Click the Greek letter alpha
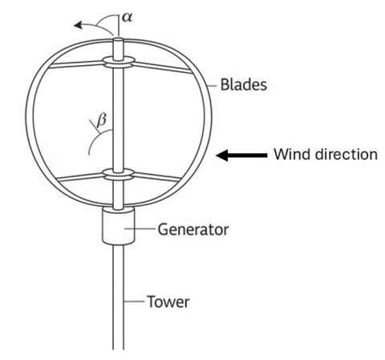point(127,18)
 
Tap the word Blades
point(244,85)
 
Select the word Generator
point(193,229)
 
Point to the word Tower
point(168,301)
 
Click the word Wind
point(292,154)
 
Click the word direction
point(346,154)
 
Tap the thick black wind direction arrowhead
point(222,156)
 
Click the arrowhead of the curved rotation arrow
point(78,25)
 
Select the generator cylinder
point(118,226)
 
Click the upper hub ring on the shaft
point(118,62)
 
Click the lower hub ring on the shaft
point(118,174)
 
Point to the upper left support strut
point(76,64)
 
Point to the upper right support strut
point(163,67)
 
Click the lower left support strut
point(80,177)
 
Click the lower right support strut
point(156,177)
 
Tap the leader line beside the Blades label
point(213,86)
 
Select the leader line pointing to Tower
point(135,301)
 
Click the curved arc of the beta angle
point(95,138)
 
